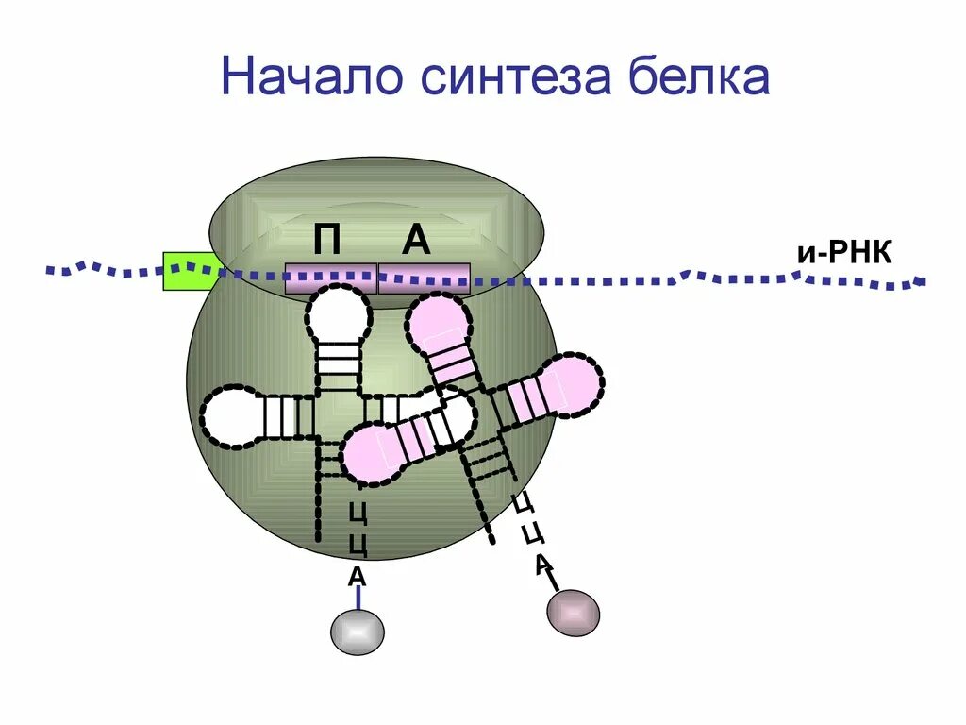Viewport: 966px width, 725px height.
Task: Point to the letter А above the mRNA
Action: (x=416, y=242)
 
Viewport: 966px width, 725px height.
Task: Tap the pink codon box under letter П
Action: (x=331, y=278)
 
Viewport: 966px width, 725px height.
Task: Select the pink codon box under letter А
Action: (x=424, y=278)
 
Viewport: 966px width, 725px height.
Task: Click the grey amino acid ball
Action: (x=358, y=632)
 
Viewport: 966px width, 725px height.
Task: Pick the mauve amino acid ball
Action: (x=573, y=613)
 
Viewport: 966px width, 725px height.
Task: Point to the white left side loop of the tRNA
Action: (x=230, y=415)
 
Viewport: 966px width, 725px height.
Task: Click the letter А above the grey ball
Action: (x=358, y=577)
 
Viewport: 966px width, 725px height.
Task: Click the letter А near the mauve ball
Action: (x=542, y=565)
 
